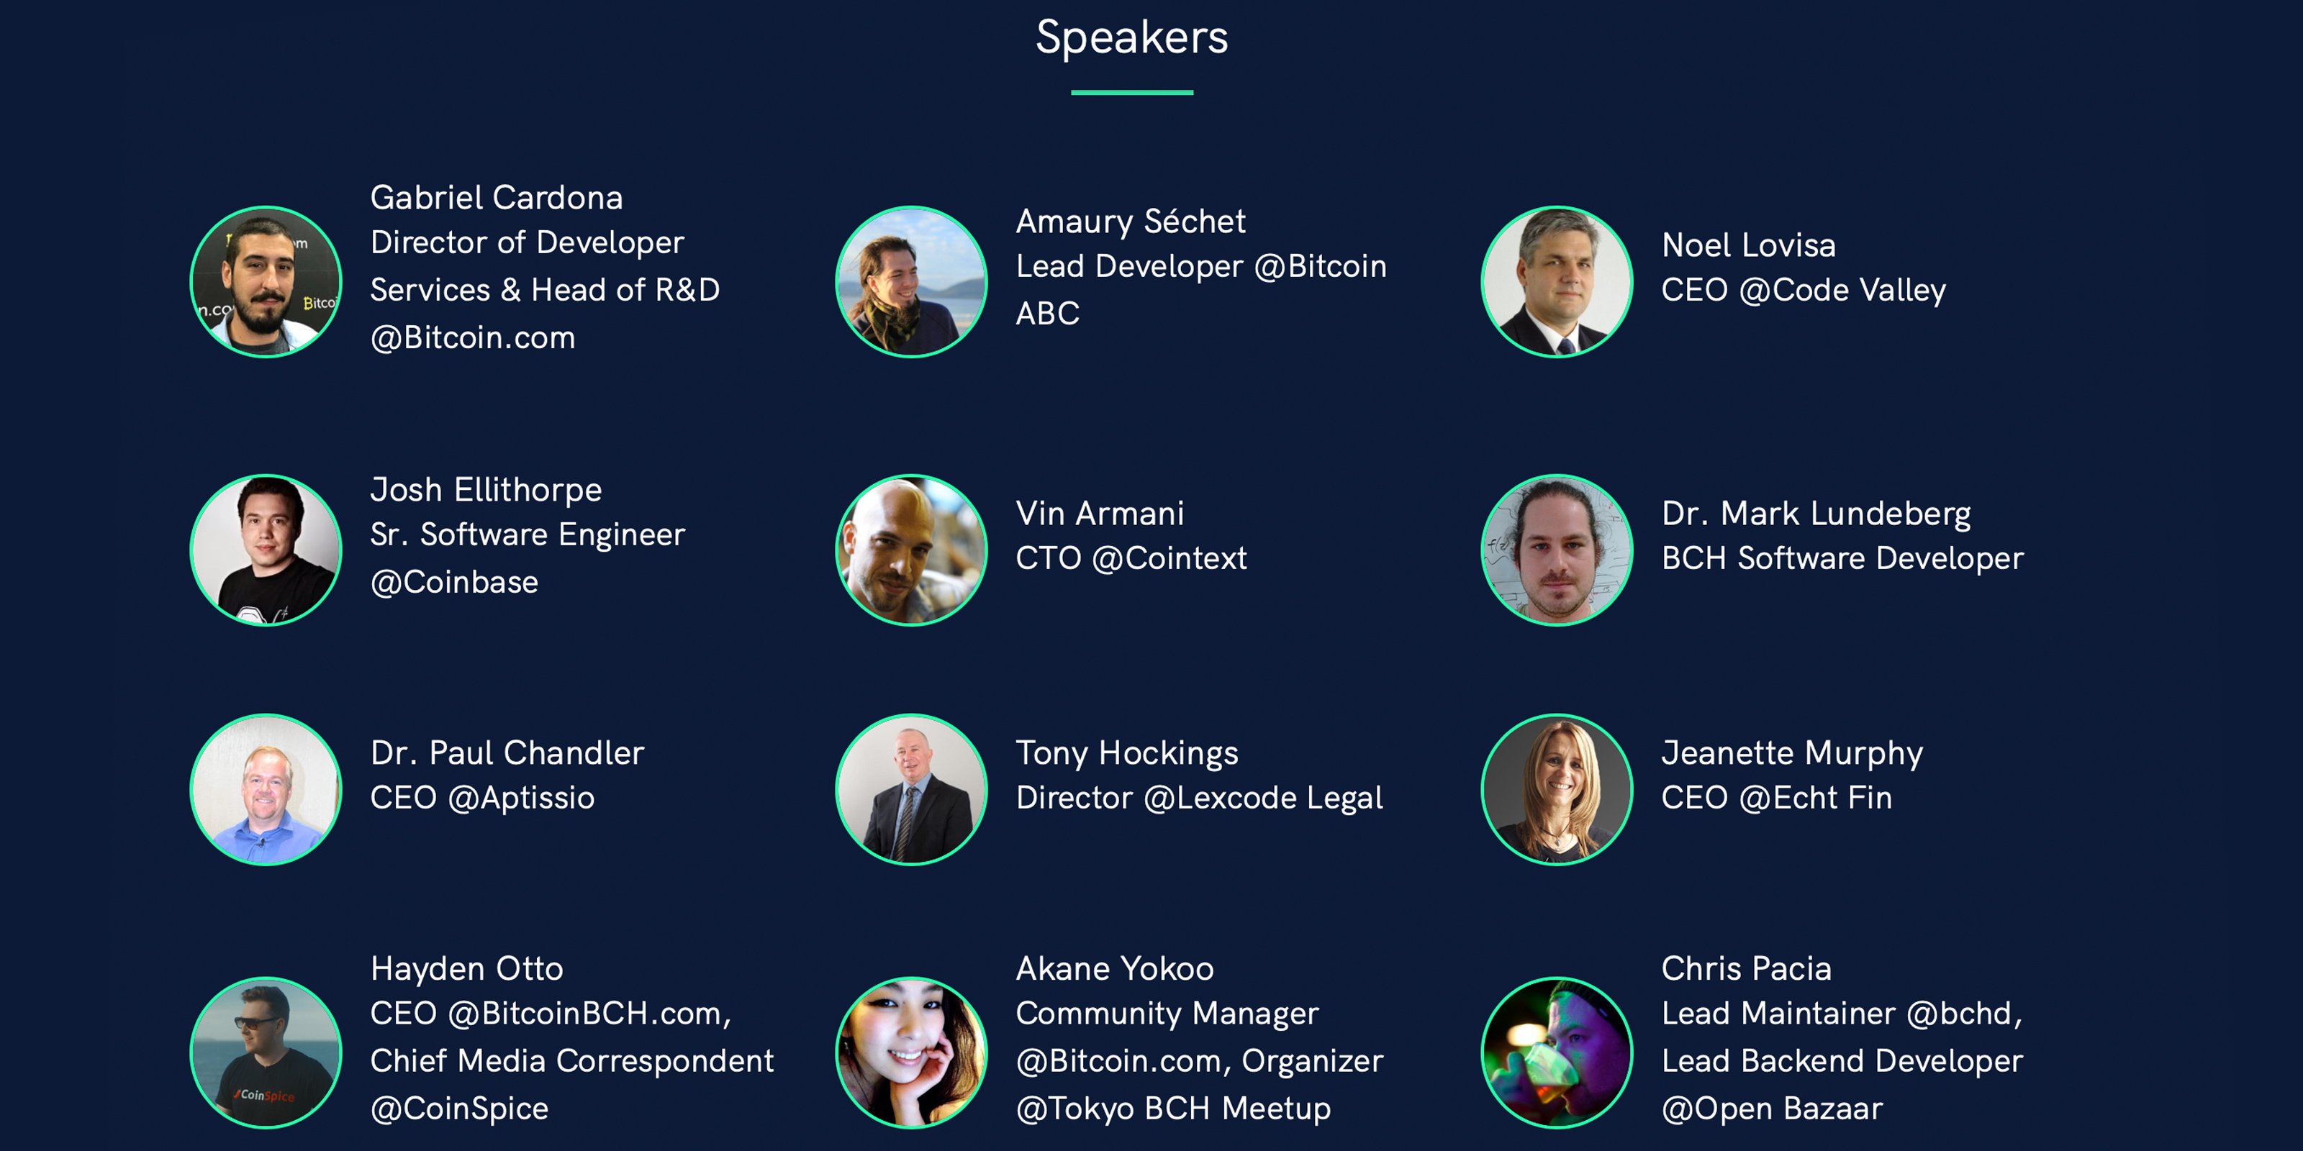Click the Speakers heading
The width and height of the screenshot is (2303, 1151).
click(1132, 38)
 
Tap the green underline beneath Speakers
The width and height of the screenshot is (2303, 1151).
click(1132, 92)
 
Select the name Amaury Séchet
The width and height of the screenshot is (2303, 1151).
click(1130, 222)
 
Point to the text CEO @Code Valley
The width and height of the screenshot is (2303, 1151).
click(1804, 291)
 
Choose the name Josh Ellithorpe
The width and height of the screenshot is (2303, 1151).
click(486, 491)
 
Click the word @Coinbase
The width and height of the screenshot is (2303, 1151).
click(454, 583)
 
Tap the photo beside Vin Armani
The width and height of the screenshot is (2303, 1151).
click(911, 550)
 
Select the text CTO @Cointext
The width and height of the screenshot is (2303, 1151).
click(1131, 558)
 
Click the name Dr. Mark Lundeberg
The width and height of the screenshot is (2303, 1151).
click(1816, 514)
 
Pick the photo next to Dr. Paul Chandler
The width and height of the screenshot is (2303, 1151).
click(266, 789)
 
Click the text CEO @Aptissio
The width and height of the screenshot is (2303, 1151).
click(482, 798)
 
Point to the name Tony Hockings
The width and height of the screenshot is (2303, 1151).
click(1126, 753)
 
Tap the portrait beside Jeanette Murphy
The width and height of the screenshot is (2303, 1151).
click(1557, 789)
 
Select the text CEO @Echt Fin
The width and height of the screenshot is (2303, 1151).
click(1776, 798)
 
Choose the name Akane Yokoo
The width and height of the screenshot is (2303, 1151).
click(1115, 969)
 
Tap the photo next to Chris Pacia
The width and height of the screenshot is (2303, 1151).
click(1557, 1052)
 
